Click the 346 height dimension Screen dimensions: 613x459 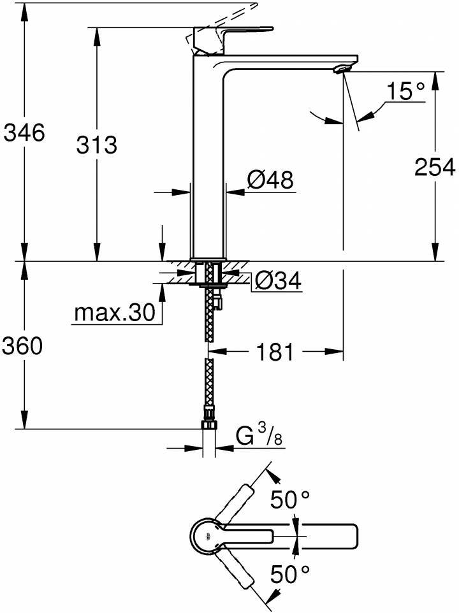pos(24,134)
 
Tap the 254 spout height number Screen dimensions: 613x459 pos(435,167)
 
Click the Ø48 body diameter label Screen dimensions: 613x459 pos(270,181)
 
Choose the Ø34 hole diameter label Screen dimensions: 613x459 pos(277,280)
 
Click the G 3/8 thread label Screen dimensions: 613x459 pos(259,438)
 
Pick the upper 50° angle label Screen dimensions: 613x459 pos(289,500)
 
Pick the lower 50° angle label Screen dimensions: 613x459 pos(289,575)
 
